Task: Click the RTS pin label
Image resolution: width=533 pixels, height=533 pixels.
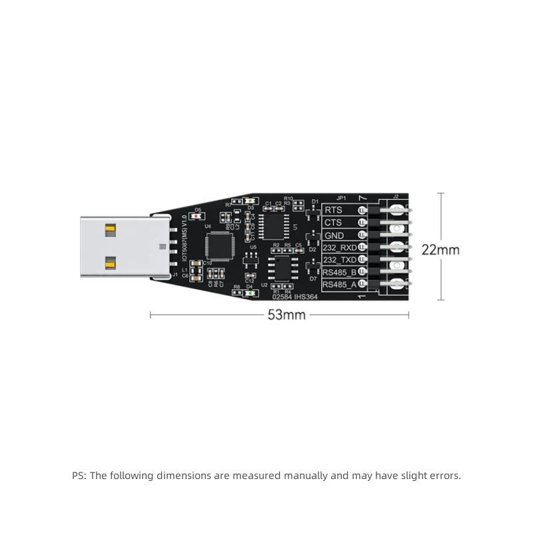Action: [333, 211]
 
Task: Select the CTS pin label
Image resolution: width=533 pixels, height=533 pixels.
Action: [333, 223]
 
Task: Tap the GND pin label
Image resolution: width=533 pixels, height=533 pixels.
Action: [334, 235]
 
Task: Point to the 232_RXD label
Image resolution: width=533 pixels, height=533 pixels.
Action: [340, 247]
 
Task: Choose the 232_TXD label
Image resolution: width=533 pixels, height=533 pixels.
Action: [340, 259]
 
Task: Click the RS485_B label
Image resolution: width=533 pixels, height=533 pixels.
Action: [340, 272]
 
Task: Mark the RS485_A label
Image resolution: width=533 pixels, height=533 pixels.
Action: [340, 284]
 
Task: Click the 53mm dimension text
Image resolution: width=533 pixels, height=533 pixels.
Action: [286, 315]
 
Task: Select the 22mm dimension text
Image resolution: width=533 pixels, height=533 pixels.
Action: [440, 250]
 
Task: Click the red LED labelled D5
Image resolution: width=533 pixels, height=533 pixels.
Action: [197, 217]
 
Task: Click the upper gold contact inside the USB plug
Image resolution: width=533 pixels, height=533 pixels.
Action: [110, 231]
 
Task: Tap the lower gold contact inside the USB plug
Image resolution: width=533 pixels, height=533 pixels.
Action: [110, 263]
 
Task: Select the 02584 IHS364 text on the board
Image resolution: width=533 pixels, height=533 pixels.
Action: [290, 298]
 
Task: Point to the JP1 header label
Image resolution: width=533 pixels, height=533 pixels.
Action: [342, 199]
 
